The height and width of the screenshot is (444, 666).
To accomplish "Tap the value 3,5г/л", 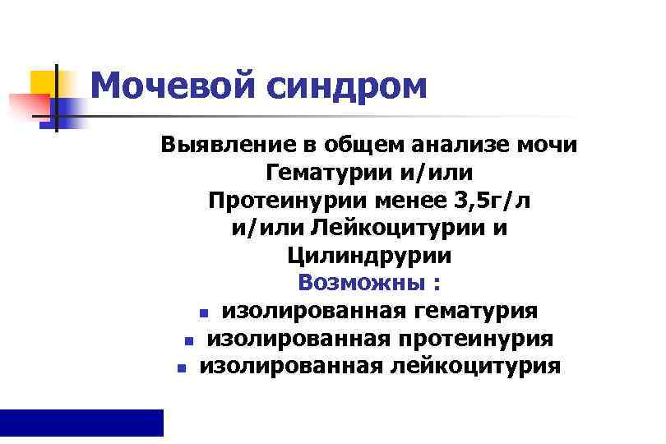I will (499, 201).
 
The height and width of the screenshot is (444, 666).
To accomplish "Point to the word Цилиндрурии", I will (369, 257).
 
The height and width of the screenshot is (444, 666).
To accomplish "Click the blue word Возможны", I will (358, 284).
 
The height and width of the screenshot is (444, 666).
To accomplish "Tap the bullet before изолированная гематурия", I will (202, 313).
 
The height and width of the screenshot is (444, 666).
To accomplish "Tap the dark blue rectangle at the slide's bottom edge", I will (81, 422).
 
